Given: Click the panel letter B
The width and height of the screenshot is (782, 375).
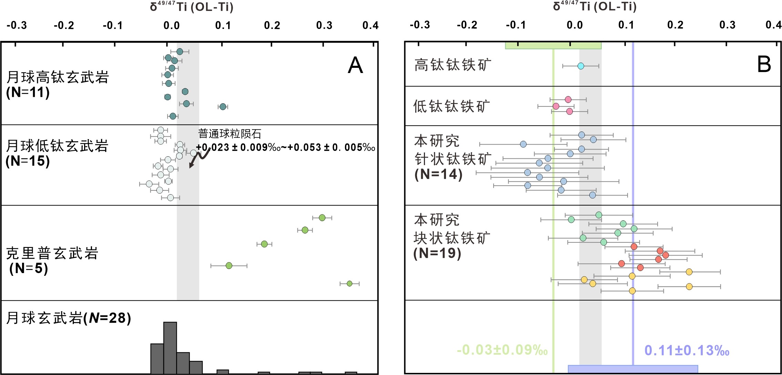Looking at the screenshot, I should coord(764,64).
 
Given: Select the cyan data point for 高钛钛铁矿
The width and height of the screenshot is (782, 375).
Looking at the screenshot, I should coord(581,66).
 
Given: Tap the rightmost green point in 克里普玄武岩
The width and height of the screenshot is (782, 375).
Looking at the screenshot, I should coord(349,283).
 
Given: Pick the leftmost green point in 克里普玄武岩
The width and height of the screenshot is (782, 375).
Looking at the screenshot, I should coord(229,265).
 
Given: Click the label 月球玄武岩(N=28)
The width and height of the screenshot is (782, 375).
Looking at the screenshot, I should coord(69,318).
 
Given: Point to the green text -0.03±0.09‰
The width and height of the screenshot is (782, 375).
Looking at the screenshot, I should coord(502,350).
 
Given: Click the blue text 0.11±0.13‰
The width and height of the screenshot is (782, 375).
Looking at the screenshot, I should coord(687,351).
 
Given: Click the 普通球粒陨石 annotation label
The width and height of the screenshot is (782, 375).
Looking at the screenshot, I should coord(230,134).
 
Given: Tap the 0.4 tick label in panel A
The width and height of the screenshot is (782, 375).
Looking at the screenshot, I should coord(370,25).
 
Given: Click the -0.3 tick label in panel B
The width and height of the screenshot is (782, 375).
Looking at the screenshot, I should coord(420,25).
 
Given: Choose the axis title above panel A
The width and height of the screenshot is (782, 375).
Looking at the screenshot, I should coord(192,7).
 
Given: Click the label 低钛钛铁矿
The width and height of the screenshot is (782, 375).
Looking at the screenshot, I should coord(451,106).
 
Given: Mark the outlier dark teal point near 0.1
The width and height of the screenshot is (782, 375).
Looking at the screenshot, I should coord(223,107).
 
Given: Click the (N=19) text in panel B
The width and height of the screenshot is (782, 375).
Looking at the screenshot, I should coord(437,253).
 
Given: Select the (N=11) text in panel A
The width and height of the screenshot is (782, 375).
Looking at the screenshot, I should coord(28,92).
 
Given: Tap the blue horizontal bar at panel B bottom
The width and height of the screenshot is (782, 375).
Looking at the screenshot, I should coord(633,369).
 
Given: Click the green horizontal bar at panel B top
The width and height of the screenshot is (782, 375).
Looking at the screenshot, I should coord(553,45).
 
